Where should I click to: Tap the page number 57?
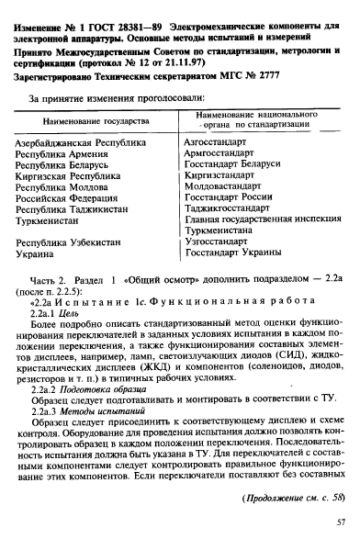tap(340, 521)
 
